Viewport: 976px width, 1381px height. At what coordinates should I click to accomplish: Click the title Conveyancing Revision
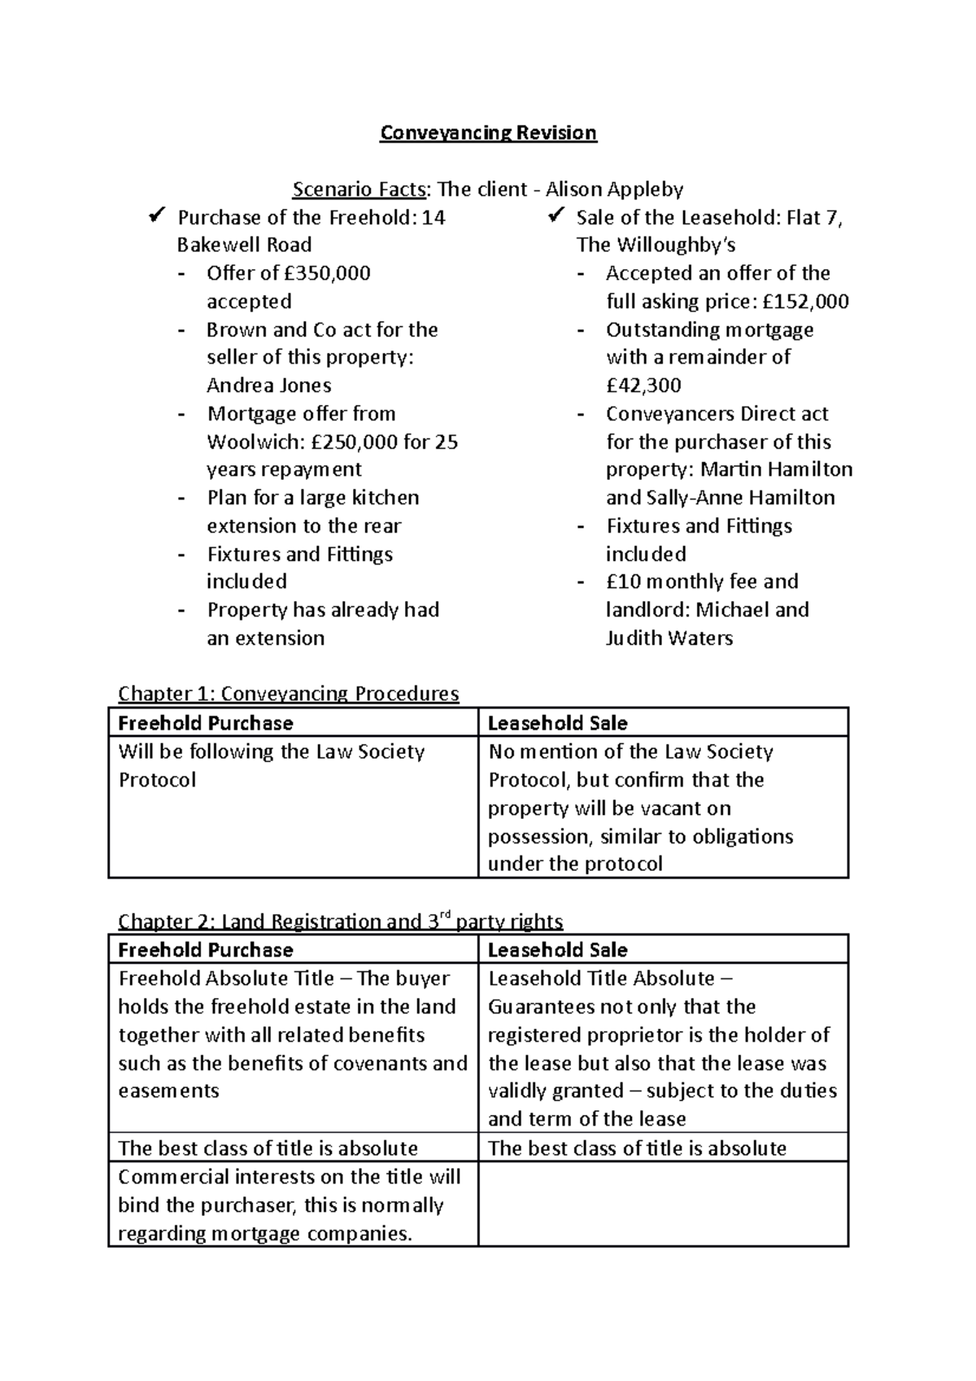tap(488, 133)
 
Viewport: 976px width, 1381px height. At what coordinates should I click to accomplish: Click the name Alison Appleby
tap(614, 190)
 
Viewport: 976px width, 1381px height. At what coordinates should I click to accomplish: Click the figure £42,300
tap(643, 386)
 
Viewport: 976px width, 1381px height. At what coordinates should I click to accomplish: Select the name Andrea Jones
tap(269, 386)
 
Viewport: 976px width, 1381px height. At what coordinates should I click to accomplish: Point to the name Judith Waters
tap(669, 638)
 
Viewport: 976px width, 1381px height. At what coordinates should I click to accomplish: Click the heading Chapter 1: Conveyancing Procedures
tap(289, 694)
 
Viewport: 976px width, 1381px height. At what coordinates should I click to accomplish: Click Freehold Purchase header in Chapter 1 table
tap(206, 723)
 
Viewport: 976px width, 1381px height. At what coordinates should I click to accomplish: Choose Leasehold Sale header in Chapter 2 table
tap(557, 950)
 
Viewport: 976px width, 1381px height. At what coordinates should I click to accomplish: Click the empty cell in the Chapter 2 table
tap(662, 1205)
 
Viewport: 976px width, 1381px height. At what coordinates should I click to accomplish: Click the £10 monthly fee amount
tap(624, 582)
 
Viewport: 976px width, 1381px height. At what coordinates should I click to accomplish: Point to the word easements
tap(168, 1091)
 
